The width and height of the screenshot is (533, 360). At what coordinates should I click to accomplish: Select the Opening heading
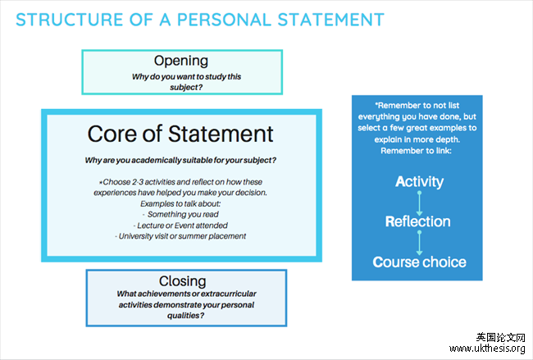tap(181, 61)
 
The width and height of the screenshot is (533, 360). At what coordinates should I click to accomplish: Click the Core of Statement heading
tap(180, 133)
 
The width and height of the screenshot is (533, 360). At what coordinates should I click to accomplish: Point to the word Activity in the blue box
tap(419, 181)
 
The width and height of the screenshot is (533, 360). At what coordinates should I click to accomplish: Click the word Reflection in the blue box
tap(419, 221)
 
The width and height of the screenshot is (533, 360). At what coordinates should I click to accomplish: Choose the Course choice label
tap(419, 262)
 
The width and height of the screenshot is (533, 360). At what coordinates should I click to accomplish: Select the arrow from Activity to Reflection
tap(419, 202)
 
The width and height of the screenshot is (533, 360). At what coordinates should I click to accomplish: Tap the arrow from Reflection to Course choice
tap(419, 242)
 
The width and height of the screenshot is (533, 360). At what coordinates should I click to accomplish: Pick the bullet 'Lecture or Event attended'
tap(180, 225)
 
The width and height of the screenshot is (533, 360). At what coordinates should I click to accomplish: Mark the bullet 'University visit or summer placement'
tap(180, 236)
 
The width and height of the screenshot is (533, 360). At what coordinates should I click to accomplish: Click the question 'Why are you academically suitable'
tap(180, 159)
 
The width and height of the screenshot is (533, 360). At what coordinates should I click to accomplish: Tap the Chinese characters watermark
tap(499, 337)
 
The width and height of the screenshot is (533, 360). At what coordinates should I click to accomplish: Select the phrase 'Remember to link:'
tap(419, 152)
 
